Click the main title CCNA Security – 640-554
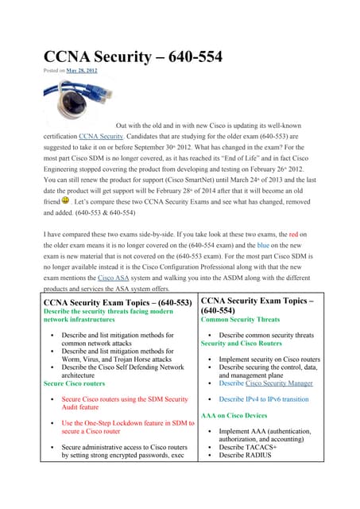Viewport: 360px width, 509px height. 132,56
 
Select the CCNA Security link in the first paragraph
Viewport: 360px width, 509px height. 100,137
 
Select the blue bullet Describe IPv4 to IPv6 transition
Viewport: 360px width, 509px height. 263,399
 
